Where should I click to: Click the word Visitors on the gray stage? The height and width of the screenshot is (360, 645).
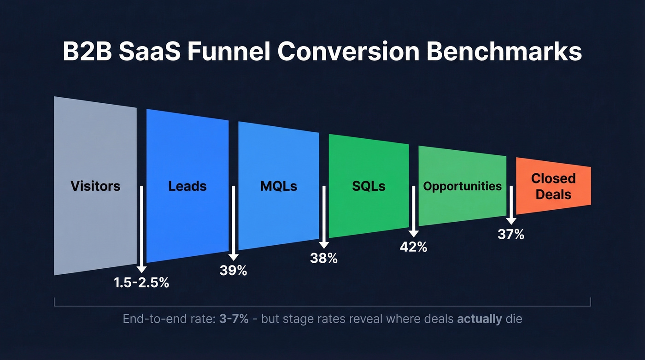[x=95, y=186]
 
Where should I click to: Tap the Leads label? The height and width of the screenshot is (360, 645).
[x=187, y=186]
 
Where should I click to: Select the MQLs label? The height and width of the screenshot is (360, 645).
[x=278, y=186]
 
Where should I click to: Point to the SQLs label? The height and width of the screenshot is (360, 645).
[x=368, y=186]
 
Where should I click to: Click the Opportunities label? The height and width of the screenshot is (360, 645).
[x=462, y=186]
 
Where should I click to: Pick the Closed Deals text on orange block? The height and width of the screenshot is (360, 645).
[x=553, y=186]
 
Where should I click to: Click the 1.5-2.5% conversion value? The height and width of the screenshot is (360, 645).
[x=141, y=283]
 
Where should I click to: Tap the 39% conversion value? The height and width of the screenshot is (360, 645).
[x=233, y=271]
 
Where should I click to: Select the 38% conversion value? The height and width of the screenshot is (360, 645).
[x=323, y=259]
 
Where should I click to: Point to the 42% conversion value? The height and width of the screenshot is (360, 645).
[x=413, y=247]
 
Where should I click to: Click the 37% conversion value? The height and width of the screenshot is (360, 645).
[x=511, y=235]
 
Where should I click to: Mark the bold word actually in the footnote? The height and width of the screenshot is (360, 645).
[x=479, y=319]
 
